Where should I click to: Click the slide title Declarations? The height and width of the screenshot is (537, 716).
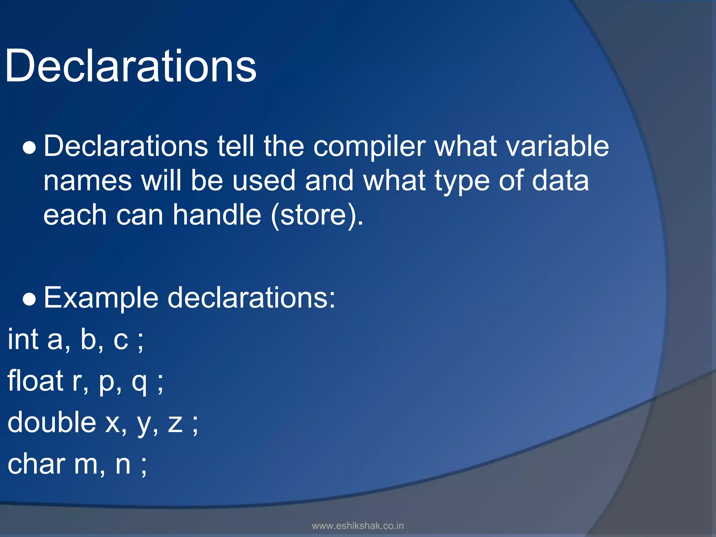coord(131,66)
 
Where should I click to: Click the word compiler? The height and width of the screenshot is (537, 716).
coord(370,147)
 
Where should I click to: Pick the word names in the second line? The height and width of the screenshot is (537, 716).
coord(87,181)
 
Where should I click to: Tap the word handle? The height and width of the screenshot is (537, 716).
coord(217,215)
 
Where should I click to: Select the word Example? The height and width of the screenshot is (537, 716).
coord(101,299)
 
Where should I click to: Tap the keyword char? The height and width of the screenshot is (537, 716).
coord(36,464)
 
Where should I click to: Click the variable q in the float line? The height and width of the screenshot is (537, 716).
coord(139,383)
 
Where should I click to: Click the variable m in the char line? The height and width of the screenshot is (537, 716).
coord(86,465)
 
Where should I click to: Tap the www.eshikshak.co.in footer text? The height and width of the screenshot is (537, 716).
coord(358,526)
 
